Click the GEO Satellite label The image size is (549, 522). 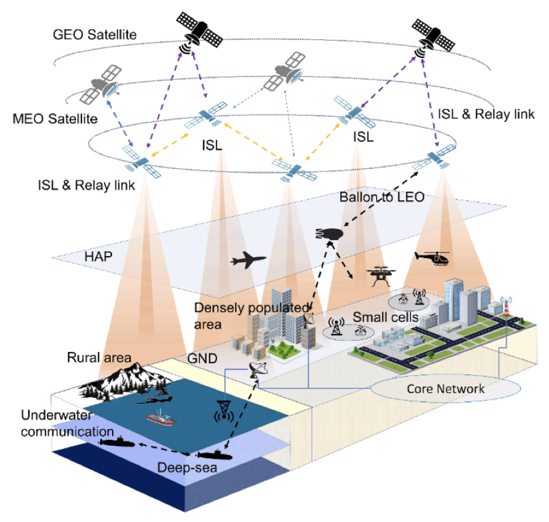(x=95, y=35)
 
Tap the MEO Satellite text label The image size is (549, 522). (x=55, y=119)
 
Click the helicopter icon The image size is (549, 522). (x=433, y=258)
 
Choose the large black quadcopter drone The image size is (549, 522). (x=380, y=276)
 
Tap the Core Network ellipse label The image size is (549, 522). (x=445, y=389)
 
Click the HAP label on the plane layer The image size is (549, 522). (x=98, y=257)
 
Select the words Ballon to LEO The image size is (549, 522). (x=382, y=197)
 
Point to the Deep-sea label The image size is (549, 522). (x=187, y=467)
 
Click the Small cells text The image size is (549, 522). (x=385, y=317)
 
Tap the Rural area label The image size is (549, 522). (x=99, y=357)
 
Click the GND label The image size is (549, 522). (x=202, y=358)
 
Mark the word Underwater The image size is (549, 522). (x=56, y=415)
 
